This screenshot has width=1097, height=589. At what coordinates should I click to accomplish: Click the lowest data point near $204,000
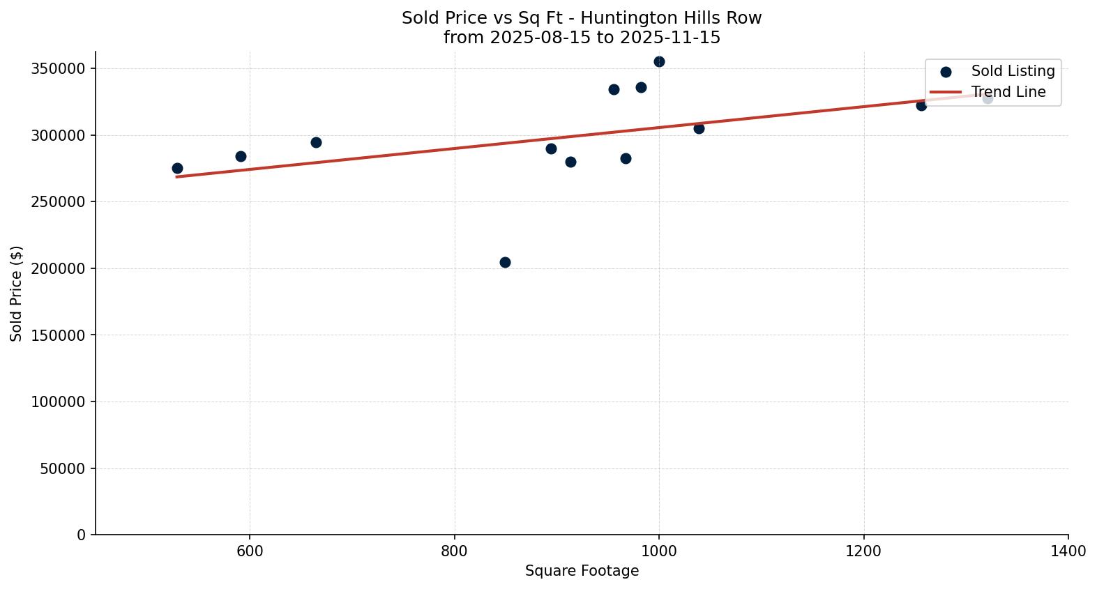click(x=505, y=262)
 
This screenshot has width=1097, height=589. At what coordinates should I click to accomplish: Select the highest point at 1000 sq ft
click(x=659, y=61)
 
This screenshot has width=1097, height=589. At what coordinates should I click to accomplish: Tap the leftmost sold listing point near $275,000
click(x=177, y=168)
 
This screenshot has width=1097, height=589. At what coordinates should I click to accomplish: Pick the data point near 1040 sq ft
click(x=699, y=128)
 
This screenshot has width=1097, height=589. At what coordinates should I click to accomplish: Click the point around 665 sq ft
click(x=316, y=142)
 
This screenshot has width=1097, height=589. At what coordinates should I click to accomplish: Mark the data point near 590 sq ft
click(x=241, y=156)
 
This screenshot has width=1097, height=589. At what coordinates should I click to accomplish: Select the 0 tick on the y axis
click(x=82, y=535)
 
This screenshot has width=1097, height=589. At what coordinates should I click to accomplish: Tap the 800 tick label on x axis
click(x=455, y=551)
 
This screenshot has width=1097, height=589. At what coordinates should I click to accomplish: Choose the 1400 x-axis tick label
click(x=1068, y=551)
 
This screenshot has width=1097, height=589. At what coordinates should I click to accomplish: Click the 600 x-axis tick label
click(x=250, y=551)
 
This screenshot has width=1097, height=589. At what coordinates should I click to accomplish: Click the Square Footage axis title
click(x=582, y=572)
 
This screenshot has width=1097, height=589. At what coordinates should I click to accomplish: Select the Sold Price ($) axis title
click(x=17, y=293)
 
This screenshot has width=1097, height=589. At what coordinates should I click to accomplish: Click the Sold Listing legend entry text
click(x=1013, y=71)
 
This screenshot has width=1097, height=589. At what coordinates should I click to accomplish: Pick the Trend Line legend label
click(x=1008, y=92)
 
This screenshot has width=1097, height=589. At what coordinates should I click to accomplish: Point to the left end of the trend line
click(x=177, y=176)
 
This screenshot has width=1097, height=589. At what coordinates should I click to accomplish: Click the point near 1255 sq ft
click(x=921, y=105)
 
